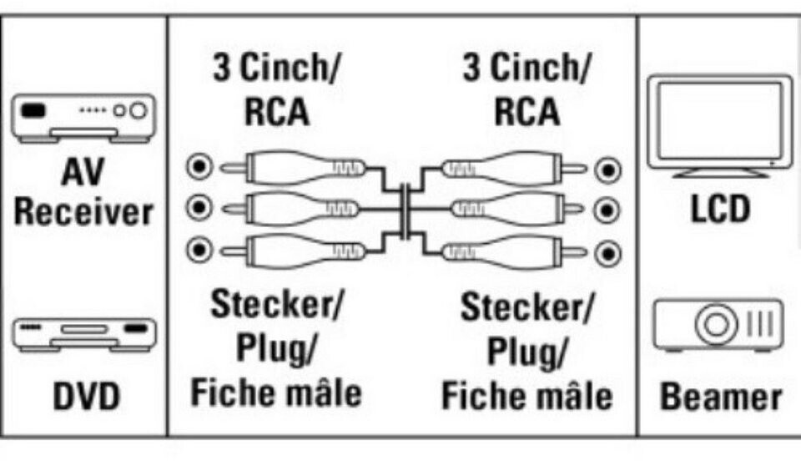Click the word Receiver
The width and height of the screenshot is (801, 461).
coord(83,212)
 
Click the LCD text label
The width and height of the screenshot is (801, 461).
coord(719,209)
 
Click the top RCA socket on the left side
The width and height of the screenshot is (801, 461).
coord(199,168)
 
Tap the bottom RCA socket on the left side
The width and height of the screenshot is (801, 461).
coord(199,249)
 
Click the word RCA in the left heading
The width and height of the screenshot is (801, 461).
coord(277,111)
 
